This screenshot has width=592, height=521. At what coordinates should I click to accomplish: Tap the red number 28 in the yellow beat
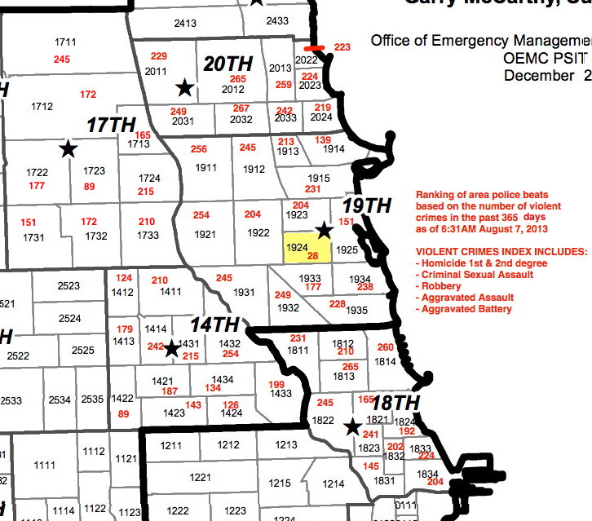[x=311, y=255]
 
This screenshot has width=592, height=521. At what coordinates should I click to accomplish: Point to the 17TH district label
[x=110, y=125]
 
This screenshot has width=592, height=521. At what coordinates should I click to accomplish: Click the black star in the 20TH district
[x=185, y=87]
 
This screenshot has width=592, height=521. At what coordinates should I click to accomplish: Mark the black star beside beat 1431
[x=172, y=349]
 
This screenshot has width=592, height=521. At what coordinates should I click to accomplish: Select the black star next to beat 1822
[x=352, y=426]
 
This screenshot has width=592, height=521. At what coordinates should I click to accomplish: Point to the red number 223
[x=342, y=47]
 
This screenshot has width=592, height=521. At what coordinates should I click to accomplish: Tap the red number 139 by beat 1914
[x=323, y=140]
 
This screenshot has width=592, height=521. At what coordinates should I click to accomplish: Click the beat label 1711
[x=64, y=42]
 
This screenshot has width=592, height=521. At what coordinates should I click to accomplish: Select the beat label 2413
[x=185, y=24]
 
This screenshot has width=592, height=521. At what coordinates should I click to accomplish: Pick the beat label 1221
[x=199, y=477]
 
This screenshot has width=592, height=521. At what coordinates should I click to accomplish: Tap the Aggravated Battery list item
[x=467, y=309]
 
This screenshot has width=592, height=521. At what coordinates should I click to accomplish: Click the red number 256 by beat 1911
[x=199, y=149]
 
